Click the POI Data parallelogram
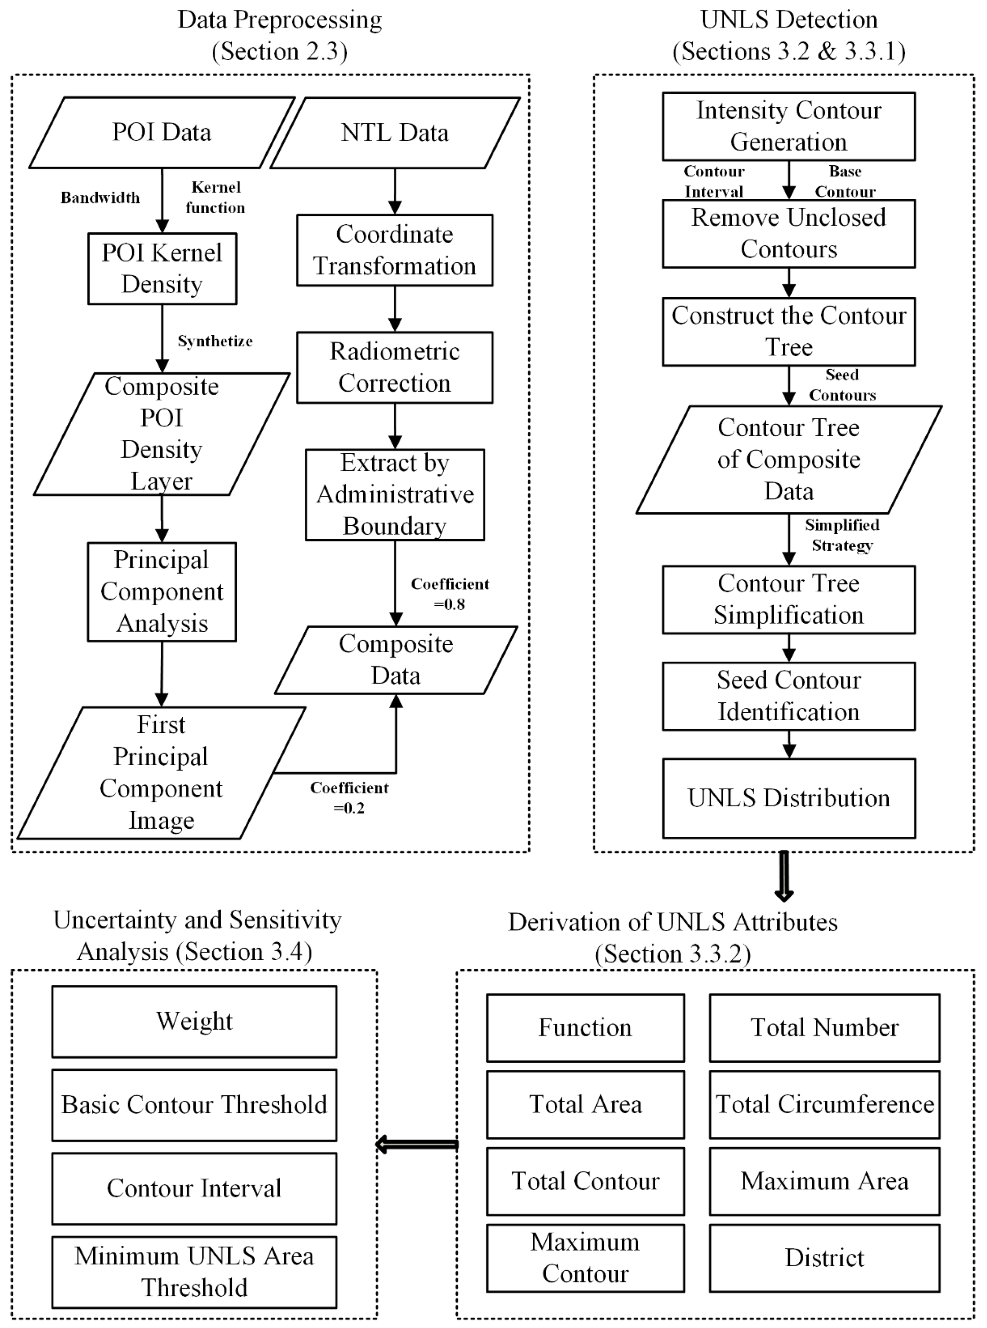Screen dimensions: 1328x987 [162, 133]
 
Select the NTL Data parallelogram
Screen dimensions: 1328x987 [395, 133]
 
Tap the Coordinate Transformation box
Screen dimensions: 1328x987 [395, 250]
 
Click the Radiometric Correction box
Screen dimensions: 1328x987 [395, 367]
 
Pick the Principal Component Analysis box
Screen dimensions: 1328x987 [162, 592]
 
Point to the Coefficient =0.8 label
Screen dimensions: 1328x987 [450, 593]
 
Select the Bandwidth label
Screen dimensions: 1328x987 [100, 198]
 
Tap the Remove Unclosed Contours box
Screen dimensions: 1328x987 [789, 234]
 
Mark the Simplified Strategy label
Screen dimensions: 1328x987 [842, 535]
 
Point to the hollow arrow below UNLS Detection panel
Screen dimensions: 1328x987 [784, 876]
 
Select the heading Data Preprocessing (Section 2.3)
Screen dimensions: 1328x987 [280, 35]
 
